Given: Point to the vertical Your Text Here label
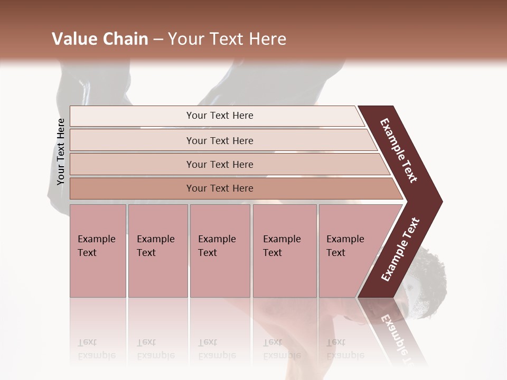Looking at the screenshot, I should click(x=61, y=151).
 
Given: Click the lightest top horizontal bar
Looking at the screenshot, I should click(x=132, y=116).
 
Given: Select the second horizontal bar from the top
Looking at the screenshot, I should click(x=132, y=140).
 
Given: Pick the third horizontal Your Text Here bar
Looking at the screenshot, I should click(x=132, y=165).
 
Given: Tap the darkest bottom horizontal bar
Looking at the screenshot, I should click(x=132, y=188).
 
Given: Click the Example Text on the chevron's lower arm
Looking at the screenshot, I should click(x=400, y=249).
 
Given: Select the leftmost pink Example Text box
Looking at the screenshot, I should click(x=98, y=251).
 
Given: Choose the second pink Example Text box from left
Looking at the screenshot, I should click(x=157, y=251).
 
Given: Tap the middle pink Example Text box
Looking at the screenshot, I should click(x=220, y=251).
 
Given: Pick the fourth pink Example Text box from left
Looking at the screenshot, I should click(x=284, y=251).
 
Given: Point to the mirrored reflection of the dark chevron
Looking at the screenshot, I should click(x=393, y=330).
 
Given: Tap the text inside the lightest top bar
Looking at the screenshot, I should click(x=220, y=116).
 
